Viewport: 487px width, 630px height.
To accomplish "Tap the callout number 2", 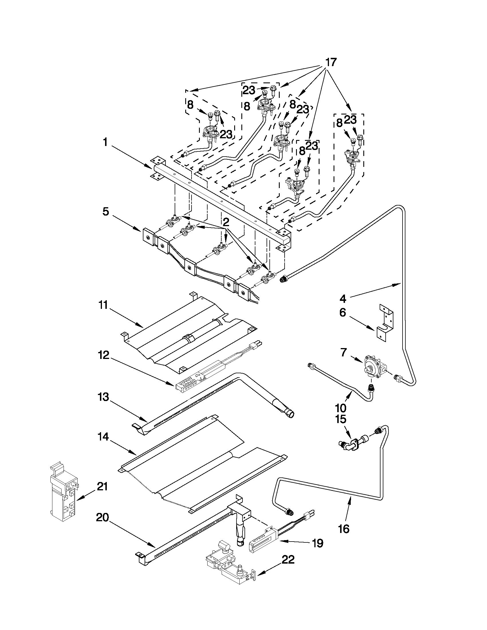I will [226, 222].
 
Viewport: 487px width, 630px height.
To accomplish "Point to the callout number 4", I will [342, 299].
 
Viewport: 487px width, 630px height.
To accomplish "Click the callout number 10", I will [340, 408].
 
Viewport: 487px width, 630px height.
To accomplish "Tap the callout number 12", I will [103, 355].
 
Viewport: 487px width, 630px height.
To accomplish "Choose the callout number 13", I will [103, 397].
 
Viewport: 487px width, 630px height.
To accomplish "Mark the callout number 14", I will [103, 437].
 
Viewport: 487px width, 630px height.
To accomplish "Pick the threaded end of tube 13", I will [289, 414].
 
